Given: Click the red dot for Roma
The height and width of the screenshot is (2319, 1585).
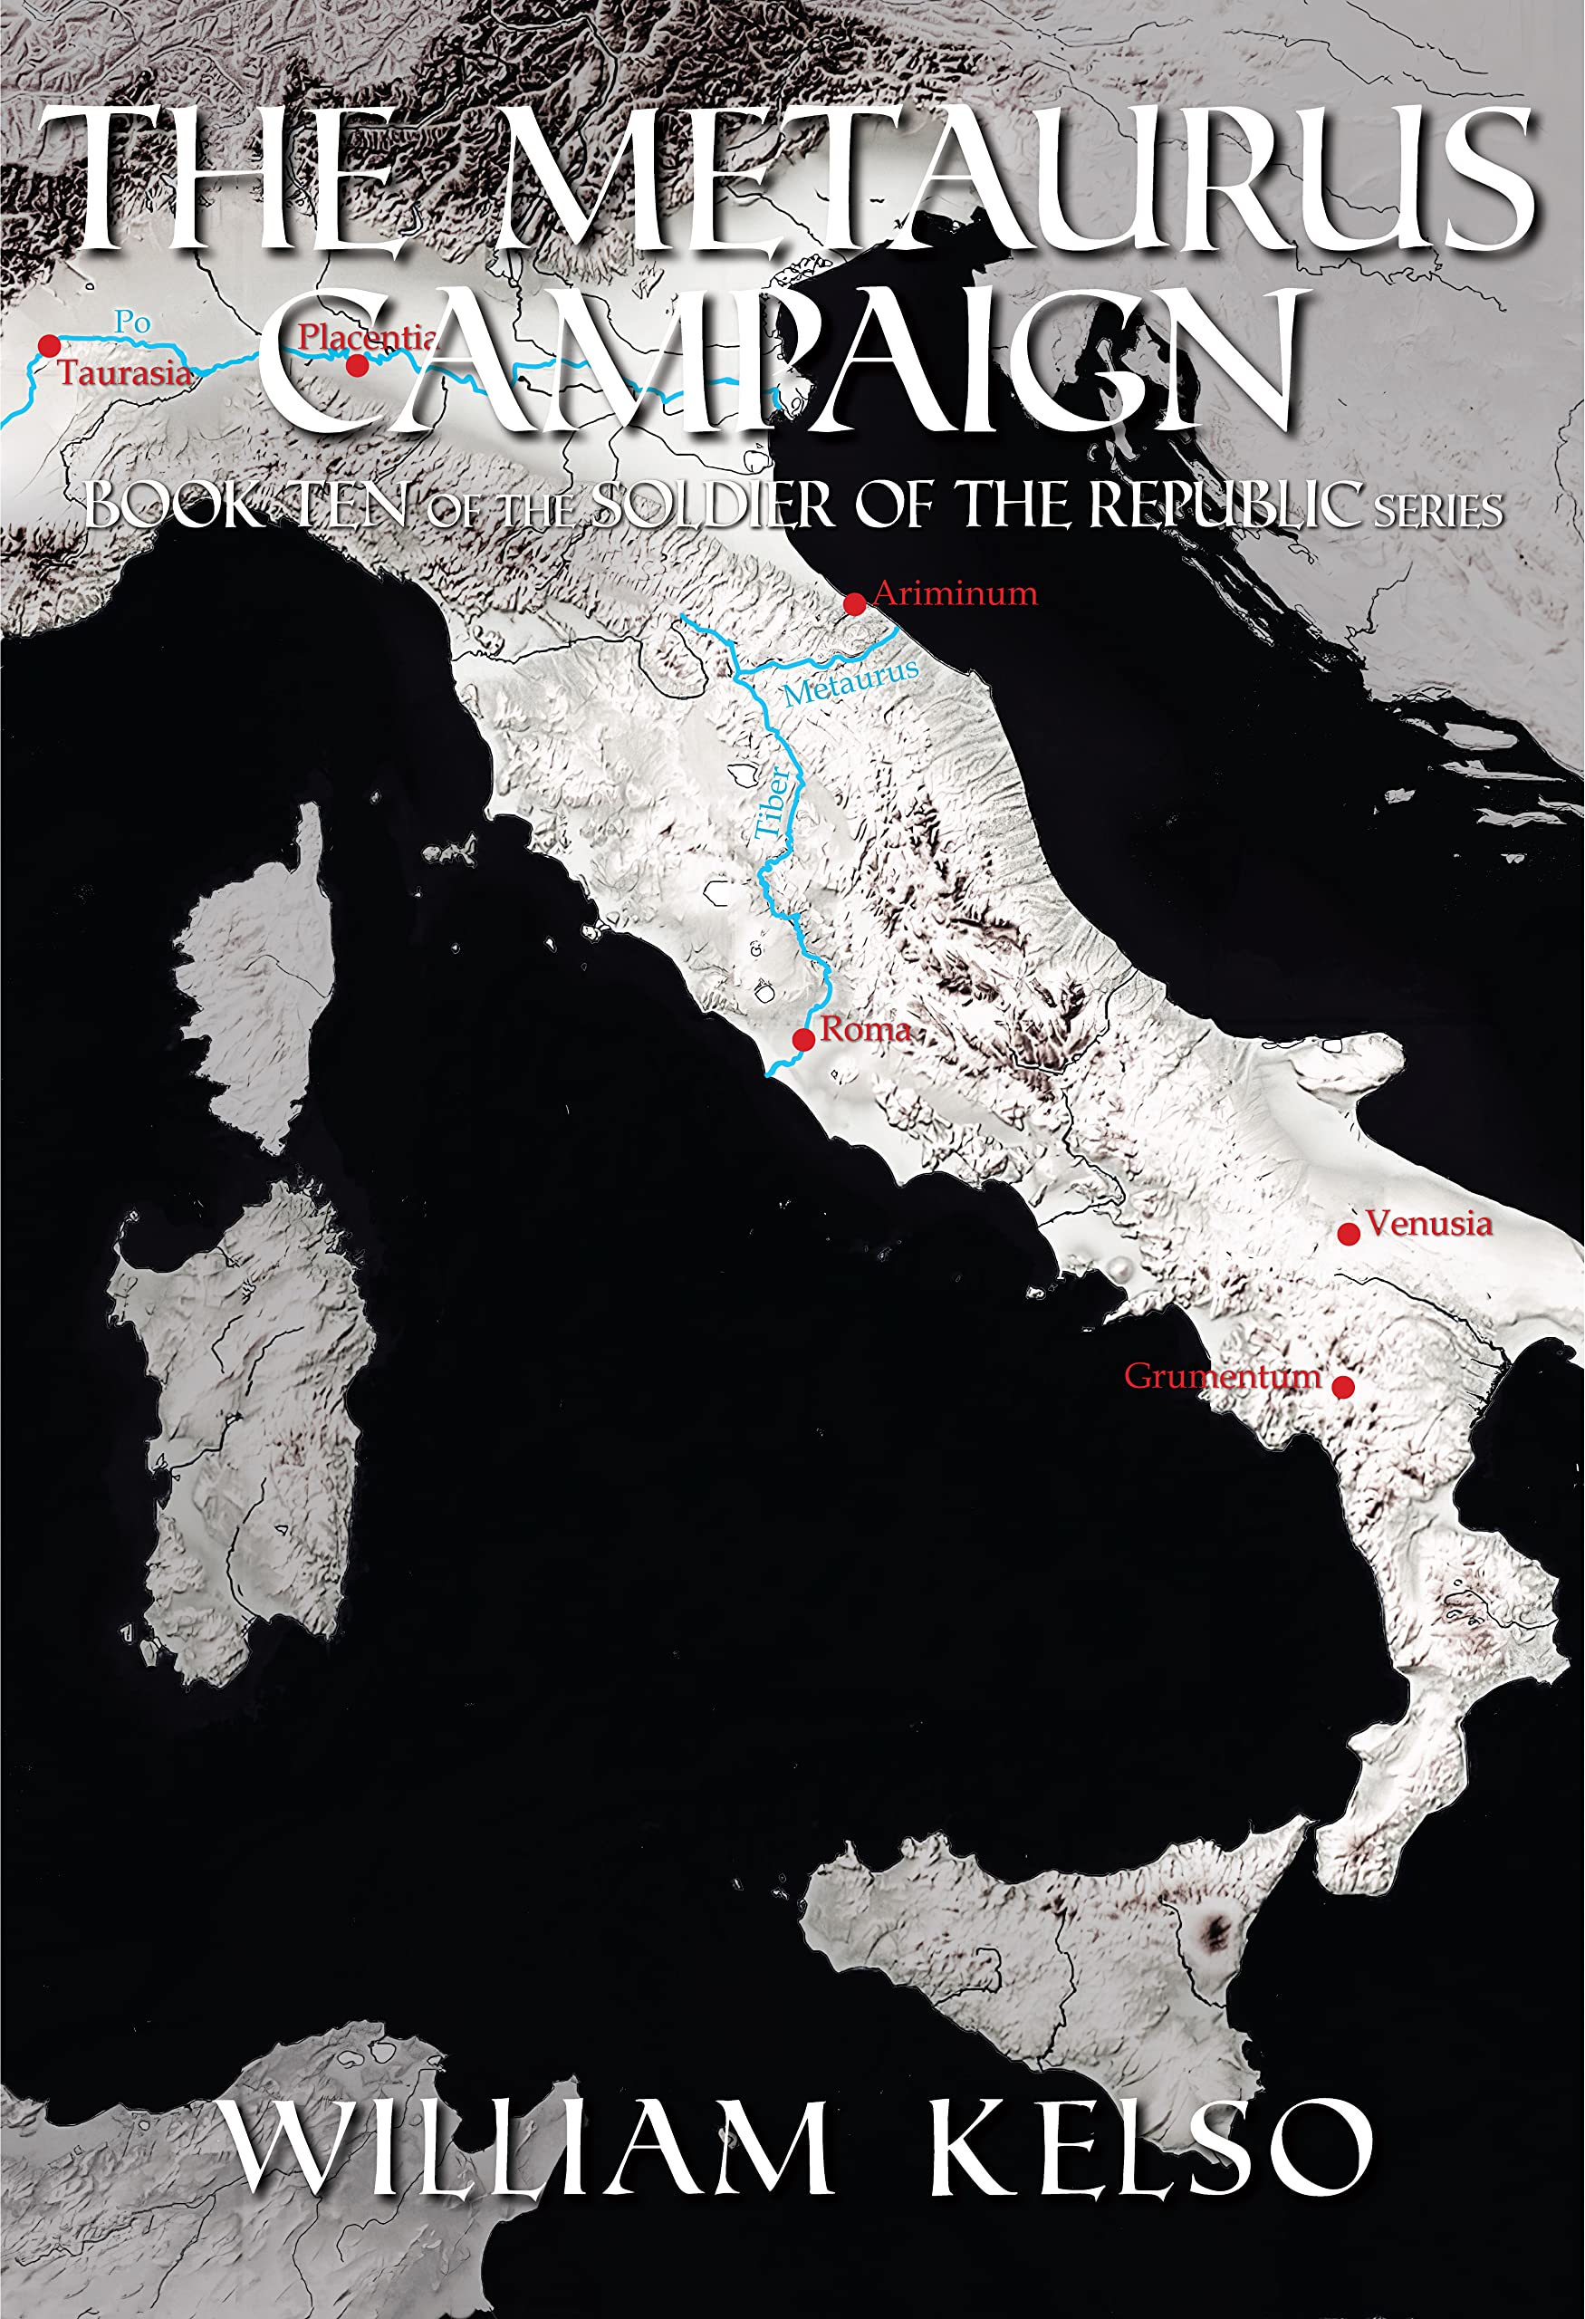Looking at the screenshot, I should [803, 1040].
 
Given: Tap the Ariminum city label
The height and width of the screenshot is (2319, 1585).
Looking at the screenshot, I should [955, 593].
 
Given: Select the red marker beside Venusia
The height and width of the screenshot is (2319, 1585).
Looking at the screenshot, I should [1349, 1235].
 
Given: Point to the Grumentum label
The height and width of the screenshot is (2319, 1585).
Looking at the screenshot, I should [1222, 1376].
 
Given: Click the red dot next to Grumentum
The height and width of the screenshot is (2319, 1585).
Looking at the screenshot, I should [1343, 1387].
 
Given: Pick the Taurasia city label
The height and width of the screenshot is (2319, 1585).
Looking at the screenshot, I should [125, 373].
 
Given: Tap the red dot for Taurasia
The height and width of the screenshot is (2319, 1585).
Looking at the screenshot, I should [49, 346].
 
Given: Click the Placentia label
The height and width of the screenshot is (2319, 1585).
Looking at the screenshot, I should [366, 337].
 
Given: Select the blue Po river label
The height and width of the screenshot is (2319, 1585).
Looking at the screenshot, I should [131, 322].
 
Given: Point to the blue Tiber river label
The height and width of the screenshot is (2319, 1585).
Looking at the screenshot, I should [772, 803].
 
